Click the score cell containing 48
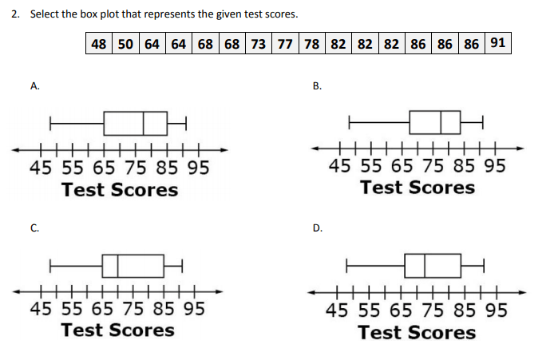click(99, 44)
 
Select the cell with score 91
click(498, 43)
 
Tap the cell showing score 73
click(259, 44)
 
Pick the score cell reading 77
click(285, 44)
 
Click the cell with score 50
click(125, 44)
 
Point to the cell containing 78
click(312, 44)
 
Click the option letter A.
click(35, 86)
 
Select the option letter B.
click(317, 86)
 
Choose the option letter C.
click(35, 228)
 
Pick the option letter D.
click(318, 228)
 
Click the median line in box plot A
click(144, 123)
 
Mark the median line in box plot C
click(118, 266)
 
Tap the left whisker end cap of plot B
click(350, 122)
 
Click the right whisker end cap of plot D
click(484, 266)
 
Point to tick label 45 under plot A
click(41, 168)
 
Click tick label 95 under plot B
click(495, 165)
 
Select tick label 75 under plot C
click(133, 309)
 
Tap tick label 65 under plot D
click(401, 311)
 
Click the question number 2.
click(15, 14)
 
